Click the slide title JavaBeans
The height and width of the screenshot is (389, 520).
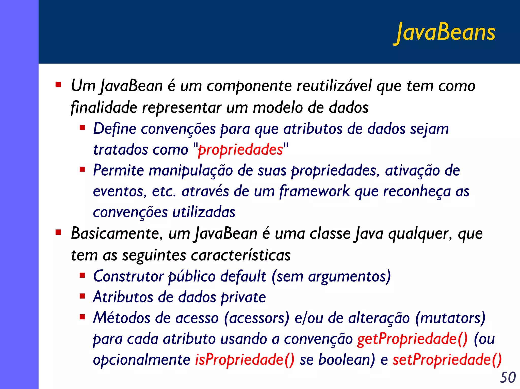[446, 33]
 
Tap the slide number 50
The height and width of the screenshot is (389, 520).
[508, 377]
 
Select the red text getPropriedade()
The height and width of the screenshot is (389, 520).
[412, 339]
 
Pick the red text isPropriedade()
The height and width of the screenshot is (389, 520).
[245, 360]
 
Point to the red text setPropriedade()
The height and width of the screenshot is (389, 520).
[447, 360]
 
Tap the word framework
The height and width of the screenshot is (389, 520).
[315, 191]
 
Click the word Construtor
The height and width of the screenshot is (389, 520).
[128, 276]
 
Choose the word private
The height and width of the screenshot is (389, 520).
[243, 297]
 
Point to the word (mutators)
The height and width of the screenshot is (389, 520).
[450, 318]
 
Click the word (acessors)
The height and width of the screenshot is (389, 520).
[257, 318]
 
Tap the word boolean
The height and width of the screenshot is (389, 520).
[346, 360]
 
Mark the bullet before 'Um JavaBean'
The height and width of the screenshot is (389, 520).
[58, 85]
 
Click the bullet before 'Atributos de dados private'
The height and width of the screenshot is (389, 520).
[82, 296]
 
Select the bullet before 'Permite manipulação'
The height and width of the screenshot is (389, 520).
[82, 169]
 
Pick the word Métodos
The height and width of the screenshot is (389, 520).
[122, 318]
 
